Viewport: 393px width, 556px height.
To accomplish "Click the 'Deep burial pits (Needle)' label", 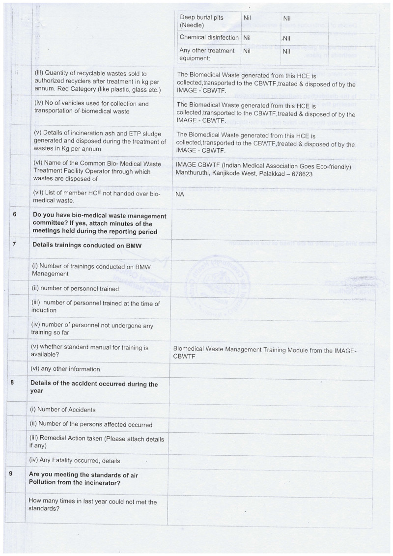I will pos(201,21).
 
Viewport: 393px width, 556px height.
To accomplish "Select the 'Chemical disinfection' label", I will pos(209,37).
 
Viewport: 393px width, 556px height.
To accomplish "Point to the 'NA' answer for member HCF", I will pos(180,195).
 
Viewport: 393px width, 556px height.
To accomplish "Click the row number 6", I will pos(15,215).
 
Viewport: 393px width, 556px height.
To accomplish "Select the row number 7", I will pos(15,244).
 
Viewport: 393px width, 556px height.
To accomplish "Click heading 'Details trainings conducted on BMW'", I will pos(87,245).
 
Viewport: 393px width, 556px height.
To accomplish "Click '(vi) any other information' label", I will pos(66,369).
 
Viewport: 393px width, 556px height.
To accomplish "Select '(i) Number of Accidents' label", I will pos(63,410).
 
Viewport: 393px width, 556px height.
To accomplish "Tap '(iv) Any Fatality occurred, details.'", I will pos(76,461).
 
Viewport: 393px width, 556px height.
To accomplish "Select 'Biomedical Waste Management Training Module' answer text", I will pos(265,352).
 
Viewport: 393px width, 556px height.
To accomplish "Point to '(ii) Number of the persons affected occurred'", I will pos(91,424).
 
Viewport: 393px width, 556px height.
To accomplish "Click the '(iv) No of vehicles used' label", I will pos(91,107).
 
